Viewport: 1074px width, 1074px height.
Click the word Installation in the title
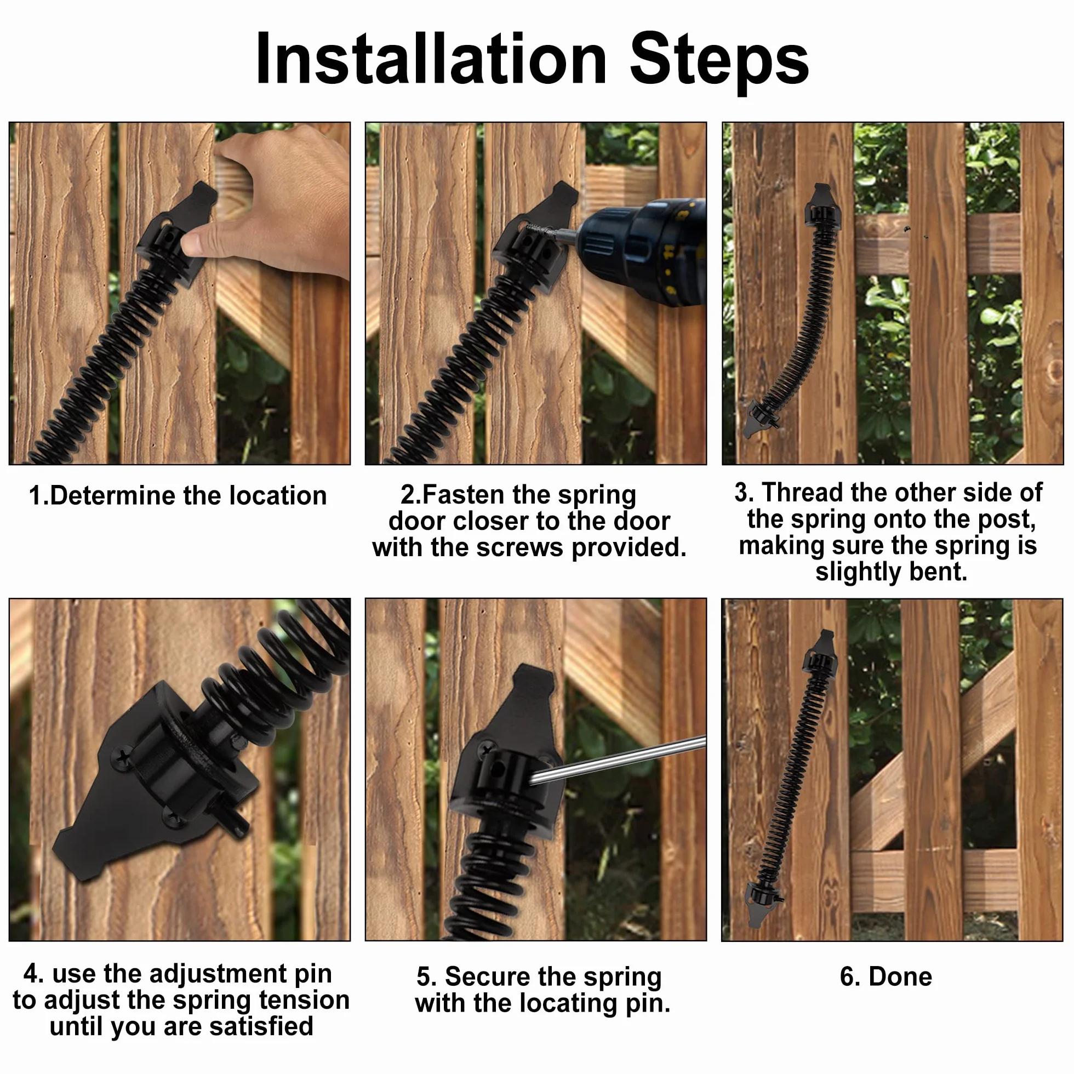point(431,59)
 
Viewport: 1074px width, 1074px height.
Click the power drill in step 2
point(639,253)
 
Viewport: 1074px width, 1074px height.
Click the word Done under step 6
point(900,976)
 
